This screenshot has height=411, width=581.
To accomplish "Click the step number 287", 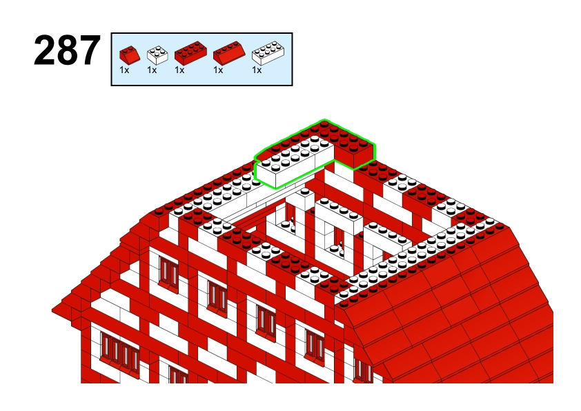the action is [x=67, y=50].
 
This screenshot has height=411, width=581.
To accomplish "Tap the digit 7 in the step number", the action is [x=90, y=50].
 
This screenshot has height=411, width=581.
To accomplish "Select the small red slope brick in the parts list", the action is [x=130, y=54].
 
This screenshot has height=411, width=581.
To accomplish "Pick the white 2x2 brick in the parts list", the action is [x=157, y=54].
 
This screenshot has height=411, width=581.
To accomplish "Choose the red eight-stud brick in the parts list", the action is [x=190, y=53].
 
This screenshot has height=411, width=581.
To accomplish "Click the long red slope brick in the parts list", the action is [x=229, y=53].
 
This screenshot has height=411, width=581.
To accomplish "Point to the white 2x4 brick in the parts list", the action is [x=268, y=53].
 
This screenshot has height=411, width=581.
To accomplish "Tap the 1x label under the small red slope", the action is [x=124, y=70].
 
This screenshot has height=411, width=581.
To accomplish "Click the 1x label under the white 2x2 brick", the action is [x=152, y=70].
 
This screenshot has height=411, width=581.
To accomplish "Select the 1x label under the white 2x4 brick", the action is [x=257, y=70].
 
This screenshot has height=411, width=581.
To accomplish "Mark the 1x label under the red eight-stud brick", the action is [x=179, y=70].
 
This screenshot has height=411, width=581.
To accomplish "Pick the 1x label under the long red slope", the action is [x=218, y=70].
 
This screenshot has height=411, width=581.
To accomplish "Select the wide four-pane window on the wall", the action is [x=119, y=352].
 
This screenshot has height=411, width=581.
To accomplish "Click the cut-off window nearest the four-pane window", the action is [x=178, y=374].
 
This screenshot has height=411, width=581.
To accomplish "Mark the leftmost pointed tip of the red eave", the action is [x=52, y=310].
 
